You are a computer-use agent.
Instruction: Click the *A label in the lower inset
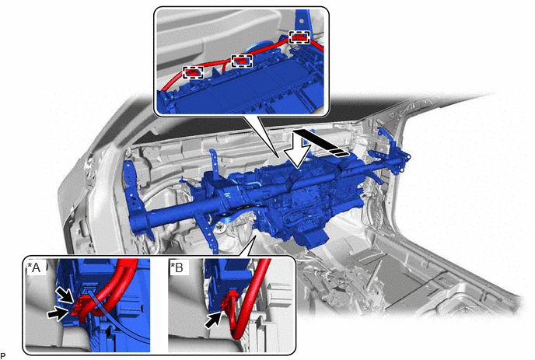[x=34, y=268]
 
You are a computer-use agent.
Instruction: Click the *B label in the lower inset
[x=177, y=267]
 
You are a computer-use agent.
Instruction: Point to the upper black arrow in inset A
[x=65, y=295]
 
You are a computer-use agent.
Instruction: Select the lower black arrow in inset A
[x=58, y=313]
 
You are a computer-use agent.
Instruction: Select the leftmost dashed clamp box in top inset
[x=193, y=72]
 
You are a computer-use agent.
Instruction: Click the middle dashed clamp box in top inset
[x=242, y=61]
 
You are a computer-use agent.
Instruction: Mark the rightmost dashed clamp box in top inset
[x=299, y=37]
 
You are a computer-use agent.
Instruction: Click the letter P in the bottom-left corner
[x=3, y=356]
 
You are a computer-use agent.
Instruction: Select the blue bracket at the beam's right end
[x=396, y=150]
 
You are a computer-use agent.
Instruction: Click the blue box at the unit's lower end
[x=313, y=238]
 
